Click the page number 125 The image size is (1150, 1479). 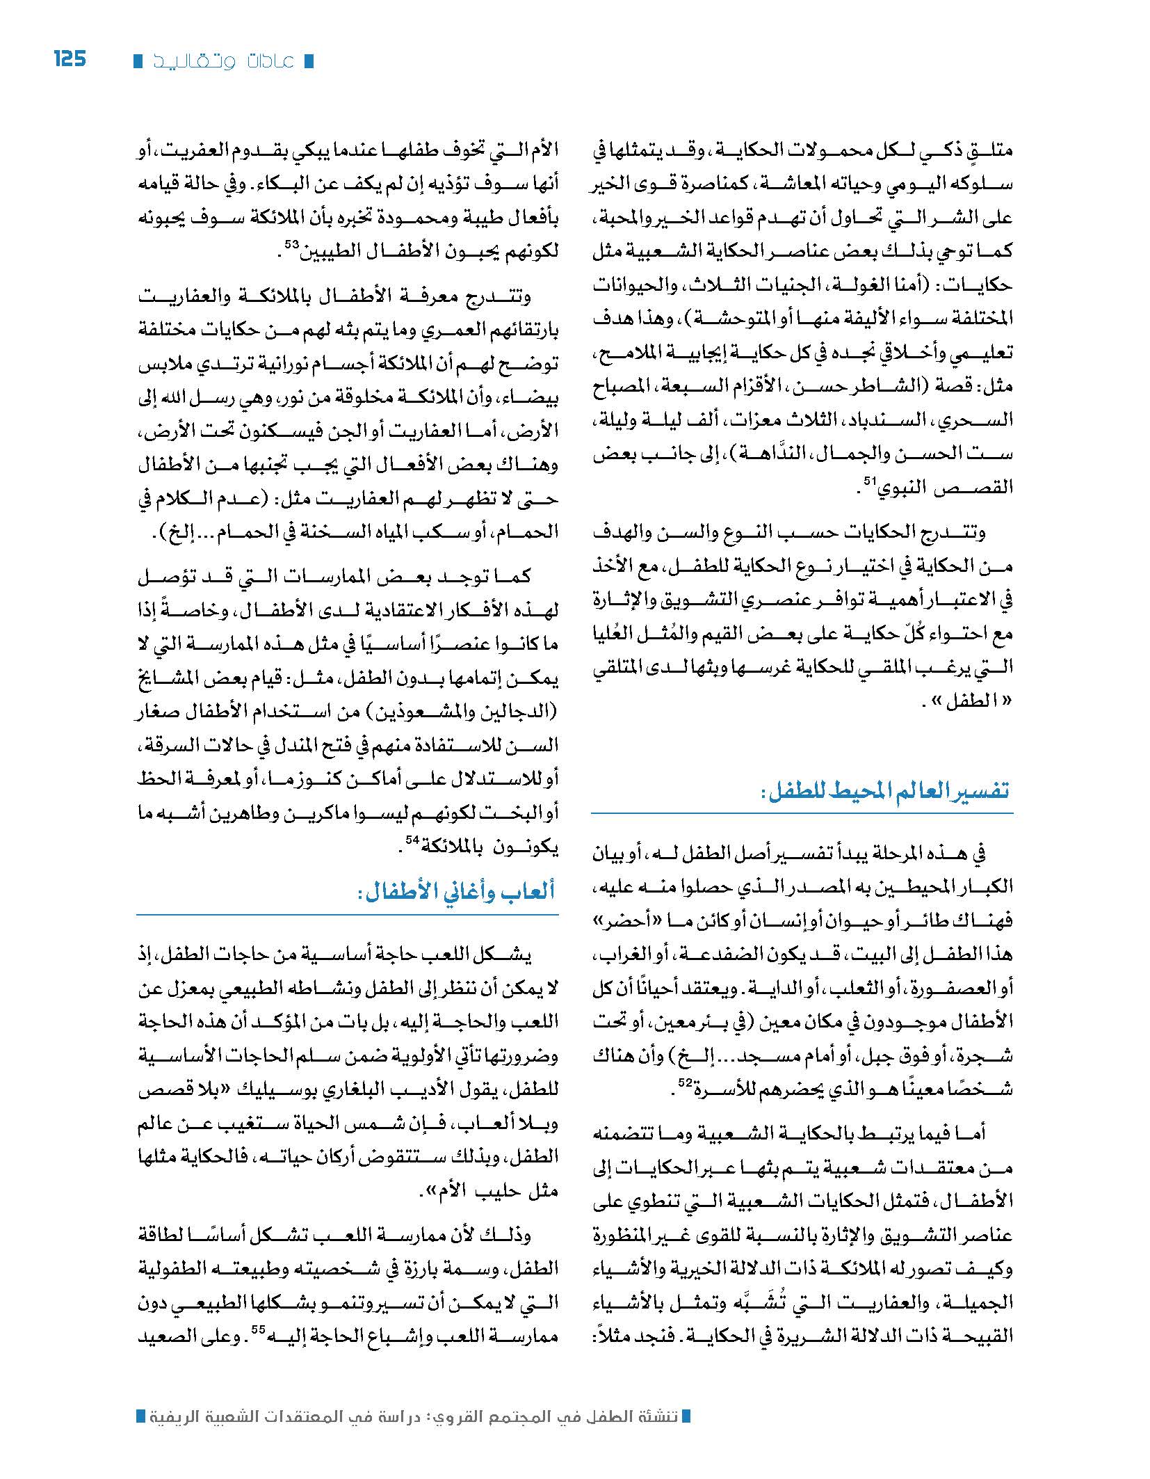[x=70, y=58]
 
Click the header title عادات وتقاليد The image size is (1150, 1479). [x=222, y=61]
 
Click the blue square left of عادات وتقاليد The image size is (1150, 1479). [x=138, y=61]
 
